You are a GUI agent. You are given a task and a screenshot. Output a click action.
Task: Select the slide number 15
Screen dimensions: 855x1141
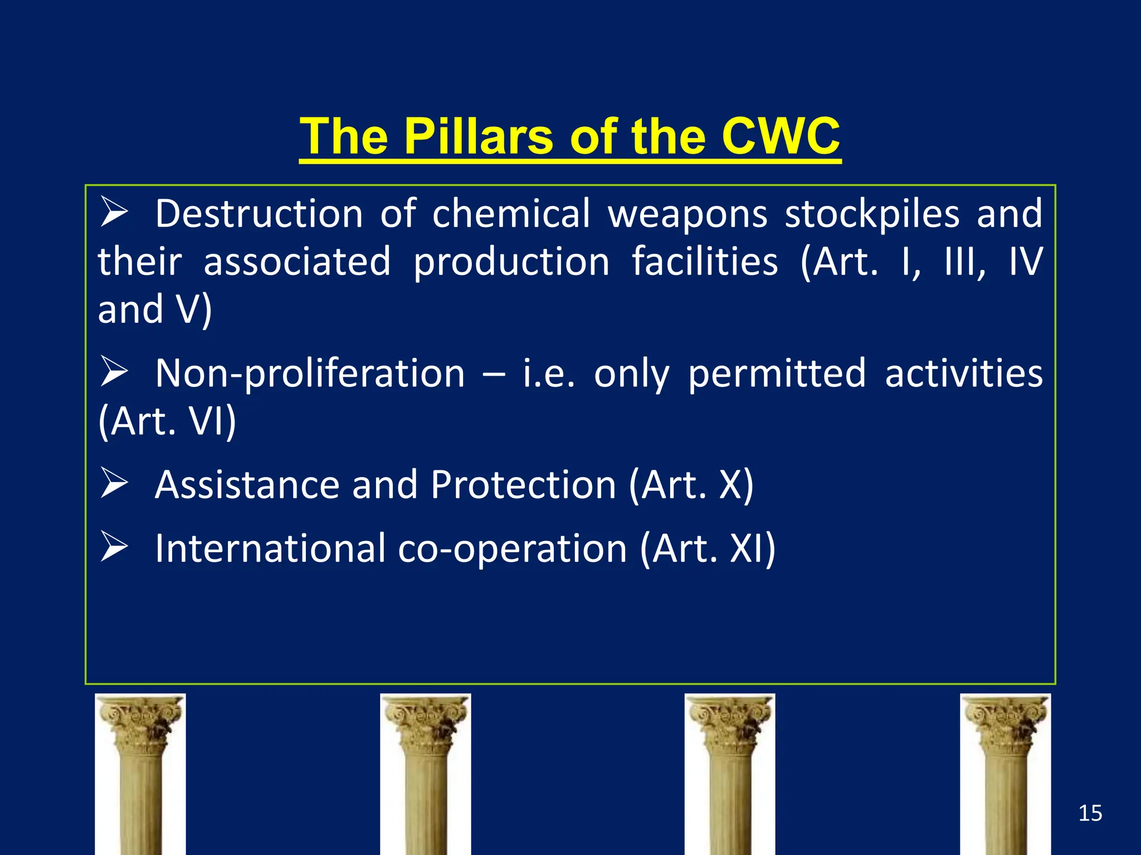click(1090, 813)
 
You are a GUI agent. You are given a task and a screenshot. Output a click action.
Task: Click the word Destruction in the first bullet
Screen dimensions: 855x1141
click(259, 214)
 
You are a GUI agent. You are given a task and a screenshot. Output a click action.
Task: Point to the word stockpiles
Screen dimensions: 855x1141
click(872, 214)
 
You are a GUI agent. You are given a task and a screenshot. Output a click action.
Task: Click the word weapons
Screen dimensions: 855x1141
click(687, 214)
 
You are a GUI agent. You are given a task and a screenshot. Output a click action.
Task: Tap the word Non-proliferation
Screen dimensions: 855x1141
click(310, 373)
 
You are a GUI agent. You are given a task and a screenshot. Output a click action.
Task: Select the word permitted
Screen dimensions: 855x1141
click(777, 373)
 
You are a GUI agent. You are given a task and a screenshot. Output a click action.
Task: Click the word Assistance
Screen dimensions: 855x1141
click(247, 484)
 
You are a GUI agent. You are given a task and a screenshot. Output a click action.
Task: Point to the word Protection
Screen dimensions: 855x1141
click(523, 484)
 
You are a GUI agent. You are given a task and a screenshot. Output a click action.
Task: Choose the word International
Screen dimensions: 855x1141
click(270, 548)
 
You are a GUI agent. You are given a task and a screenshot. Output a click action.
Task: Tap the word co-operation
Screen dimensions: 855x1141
click(513, 548)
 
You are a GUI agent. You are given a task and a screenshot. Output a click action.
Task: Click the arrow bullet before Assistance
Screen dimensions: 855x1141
click(114, 483)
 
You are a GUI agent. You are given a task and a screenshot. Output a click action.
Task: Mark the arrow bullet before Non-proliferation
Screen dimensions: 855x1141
click(114, 371)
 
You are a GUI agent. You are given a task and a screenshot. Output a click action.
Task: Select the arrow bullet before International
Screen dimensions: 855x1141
click(114, 547)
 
